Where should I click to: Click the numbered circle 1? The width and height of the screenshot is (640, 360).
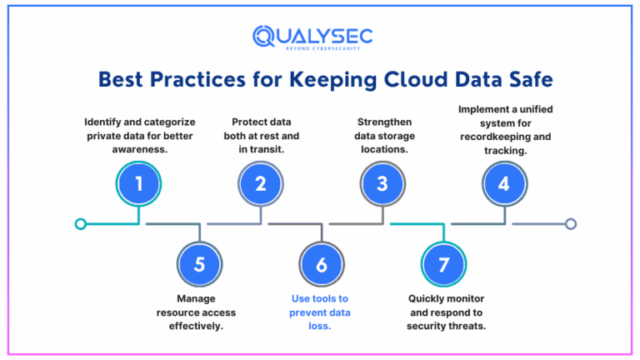(x=139, y=183)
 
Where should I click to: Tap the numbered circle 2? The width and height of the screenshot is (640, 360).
(x=261, y=183)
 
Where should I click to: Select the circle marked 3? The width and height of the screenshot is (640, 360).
(x=382, y=183)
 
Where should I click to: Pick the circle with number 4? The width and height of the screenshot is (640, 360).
(x=503, y=183)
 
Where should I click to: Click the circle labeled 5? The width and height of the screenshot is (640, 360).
(x=199, y=265)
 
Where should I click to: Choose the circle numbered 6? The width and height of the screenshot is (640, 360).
(x=322, y=265)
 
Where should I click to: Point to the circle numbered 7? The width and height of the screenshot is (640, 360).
(x=443, y=265)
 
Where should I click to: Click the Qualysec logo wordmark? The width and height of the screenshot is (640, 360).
(x=312, y=37)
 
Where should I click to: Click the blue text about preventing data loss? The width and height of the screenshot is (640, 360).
(x=322, y=312)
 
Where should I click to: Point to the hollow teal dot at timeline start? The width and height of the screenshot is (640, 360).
(x=80, y=223)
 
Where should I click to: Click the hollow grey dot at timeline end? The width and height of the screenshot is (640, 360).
(x=570, y=223)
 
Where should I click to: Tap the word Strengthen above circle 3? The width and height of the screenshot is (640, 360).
(x=382, y=122)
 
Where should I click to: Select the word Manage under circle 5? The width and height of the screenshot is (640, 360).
(x=197, y=298)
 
